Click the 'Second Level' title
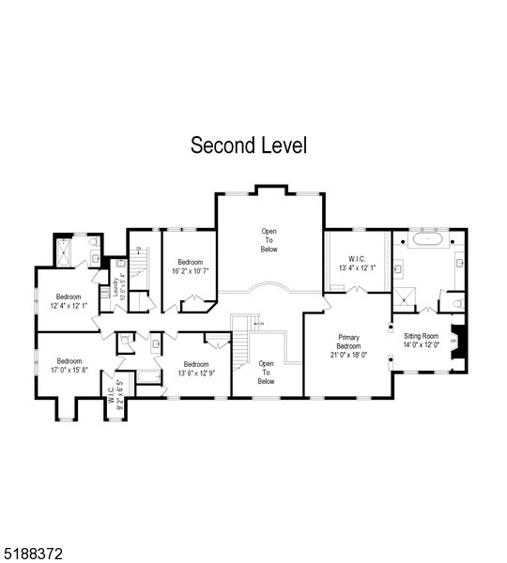click(249, 145)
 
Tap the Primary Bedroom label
click(348, 344)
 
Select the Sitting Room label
click(421, 340)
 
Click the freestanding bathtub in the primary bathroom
click(432, 239)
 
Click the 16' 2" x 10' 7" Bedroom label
click(190, 266)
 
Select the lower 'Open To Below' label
click(267, 373)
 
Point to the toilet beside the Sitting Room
click(457, 303)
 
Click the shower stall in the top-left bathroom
click(66, 252)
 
